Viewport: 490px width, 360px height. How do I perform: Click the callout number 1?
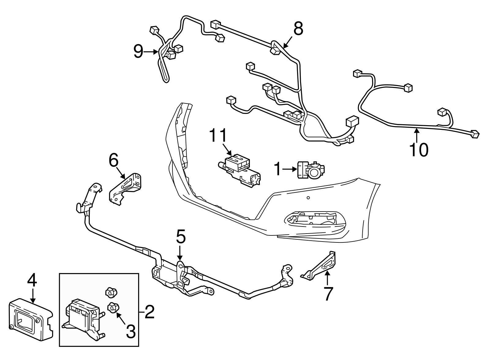tap(277, 169)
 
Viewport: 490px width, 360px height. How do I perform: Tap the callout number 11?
tap(219, 135)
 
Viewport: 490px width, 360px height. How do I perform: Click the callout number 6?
tap(113, 160)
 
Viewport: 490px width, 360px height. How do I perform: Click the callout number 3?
tap(130, 332)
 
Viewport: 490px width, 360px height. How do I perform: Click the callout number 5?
tap(180, 237)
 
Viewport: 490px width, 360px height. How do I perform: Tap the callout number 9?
tap(138, 52)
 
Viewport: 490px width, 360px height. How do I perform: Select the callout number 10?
tap(419, 149)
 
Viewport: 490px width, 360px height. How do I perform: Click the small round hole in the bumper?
tap(308, 198)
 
